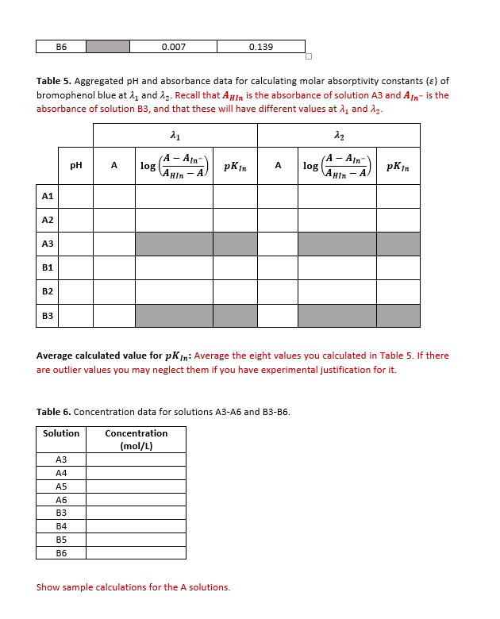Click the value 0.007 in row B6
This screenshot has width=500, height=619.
173,47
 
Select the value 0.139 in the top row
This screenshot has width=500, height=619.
261,47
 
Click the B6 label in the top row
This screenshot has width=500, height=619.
60,47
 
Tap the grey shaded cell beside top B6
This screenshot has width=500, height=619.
107,47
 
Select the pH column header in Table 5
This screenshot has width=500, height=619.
76,166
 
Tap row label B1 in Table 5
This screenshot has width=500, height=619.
48,267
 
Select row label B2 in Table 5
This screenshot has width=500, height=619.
48,291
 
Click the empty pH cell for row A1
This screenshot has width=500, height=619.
76,196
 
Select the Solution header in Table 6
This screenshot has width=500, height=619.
61,433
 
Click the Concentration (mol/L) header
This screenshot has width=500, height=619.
136,439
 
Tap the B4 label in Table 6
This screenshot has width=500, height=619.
61,526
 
